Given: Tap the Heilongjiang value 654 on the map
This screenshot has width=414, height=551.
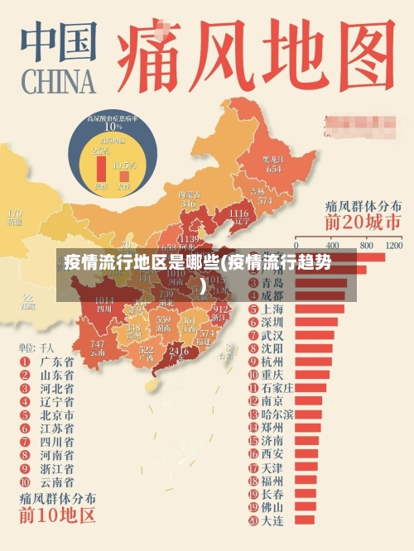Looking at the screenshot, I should [273, 168].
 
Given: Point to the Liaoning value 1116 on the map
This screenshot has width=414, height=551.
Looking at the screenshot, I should [238, 213].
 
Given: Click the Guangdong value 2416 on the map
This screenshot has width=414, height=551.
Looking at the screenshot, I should [179, 350].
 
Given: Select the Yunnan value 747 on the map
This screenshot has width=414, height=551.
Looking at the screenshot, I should [98, 344].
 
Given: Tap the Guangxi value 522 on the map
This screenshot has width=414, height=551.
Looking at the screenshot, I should [147, 350].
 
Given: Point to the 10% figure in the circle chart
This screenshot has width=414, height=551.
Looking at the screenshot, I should [113, 127].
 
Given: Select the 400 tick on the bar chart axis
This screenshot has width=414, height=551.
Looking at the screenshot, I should [334, 246].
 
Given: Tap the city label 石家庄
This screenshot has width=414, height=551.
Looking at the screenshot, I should [277, 387].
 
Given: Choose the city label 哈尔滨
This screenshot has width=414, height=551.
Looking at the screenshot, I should [277, 414].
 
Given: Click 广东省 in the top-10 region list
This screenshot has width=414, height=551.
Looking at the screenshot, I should [57, 362].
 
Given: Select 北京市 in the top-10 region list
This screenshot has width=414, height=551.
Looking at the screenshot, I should [57, 414].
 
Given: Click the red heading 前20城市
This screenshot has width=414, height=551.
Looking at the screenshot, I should [363, 222].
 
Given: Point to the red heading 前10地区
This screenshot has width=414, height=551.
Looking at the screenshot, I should [58, 518].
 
